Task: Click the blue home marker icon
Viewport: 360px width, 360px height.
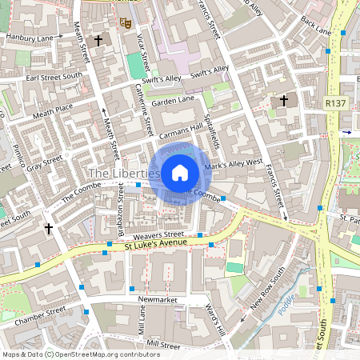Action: pyautogui.click(x=180, y=172)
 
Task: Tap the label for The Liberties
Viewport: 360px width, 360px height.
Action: pyautogui.click(x=123, y=173)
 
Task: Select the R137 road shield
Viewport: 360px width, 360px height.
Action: pyautogui.click(x=336, y=103)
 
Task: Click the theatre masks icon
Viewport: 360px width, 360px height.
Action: pyautogui.click(x=123, y=23)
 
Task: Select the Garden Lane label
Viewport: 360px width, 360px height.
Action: pyautogui.click(x=174, y=100)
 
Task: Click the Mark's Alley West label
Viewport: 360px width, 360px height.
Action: pyautogui.click(x=234, y=166)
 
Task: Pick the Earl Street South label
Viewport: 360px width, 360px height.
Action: pyautogui.click(x=54, y=76)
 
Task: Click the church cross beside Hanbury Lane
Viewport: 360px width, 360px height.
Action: pyautogui.click(x=98, y=40)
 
